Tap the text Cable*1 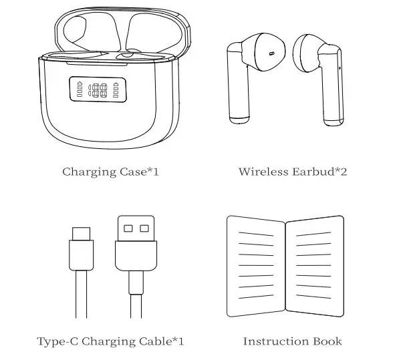160,341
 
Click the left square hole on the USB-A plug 127,228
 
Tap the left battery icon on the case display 81,89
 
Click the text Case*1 139,172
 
